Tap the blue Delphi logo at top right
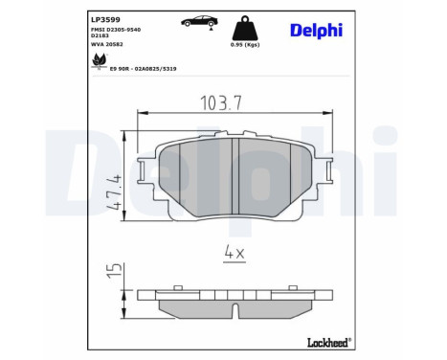coord(316,30)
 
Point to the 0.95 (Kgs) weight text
coord(245,44)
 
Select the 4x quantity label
coord(235,253)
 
